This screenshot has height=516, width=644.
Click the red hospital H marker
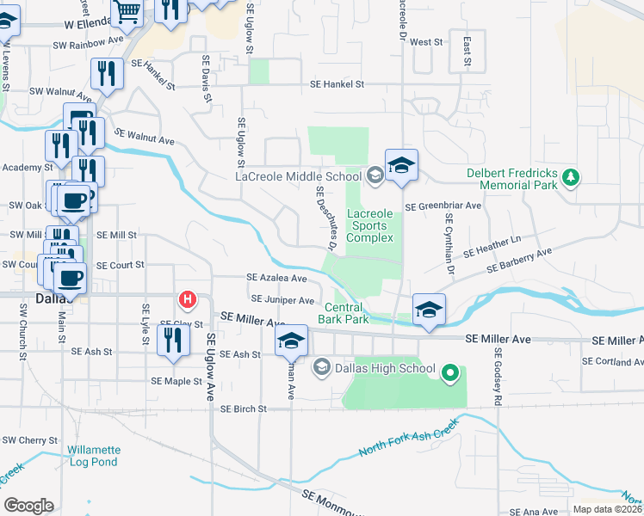186,299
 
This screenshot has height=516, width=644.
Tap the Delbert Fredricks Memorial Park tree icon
569,177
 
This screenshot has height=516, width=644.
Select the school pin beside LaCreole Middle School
400,165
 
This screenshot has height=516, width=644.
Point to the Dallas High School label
384,368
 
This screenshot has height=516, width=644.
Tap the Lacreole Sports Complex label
369,225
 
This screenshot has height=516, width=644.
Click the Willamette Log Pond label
94,456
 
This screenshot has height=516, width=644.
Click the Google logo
28,505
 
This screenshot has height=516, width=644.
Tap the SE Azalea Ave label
276,278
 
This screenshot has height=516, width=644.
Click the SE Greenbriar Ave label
443,206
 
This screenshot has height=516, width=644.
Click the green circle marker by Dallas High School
449,373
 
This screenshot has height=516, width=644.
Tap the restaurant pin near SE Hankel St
107,73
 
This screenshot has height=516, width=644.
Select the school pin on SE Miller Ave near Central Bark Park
428,310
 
